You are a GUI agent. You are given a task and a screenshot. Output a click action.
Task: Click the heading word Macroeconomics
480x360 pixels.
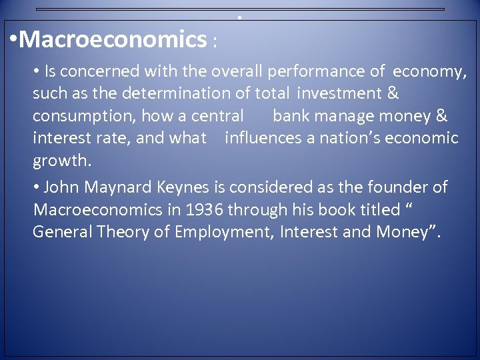click(113, 40)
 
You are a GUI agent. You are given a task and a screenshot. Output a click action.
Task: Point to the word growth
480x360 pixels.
click(59, 161)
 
